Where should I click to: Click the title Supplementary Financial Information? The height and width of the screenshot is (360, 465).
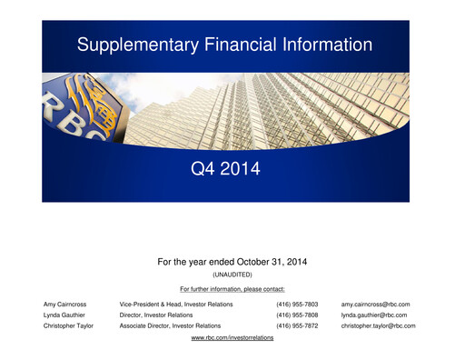pos(224,45)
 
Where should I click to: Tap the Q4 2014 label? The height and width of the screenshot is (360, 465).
pos(224,169)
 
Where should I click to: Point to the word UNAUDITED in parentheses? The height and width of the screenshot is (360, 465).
pos(232,275)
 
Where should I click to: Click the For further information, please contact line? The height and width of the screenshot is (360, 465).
pos(232,289)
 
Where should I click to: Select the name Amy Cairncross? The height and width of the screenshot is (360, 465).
pos(65,304)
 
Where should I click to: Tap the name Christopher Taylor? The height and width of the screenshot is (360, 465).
pos(68,325)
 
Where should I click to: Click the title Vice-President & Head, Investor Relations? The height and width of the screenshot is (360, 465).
pos(175,304)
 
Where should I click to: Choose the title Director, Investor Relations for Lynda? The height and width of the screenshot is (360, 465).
pos(155,315)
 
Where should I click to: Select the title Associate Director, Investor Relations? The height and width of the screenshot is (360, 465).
pos(170,325)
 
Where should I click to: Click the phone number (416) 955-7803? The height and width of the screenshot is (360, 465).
pos(297,304)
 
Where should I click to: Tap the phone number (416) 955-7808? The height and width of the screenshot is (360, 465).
pos(297,315)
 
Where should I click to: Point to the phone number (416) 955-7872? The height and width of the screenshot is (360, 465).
pos(297,325)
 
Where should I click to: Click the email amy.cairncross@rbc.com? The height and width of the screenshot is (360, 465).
pos(376,304)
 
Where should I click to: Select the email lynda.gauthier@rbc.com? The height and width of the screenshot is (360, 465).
pos(374,315)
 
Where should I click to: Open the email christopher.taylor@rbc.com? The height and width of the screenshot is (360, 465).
pos(379,325)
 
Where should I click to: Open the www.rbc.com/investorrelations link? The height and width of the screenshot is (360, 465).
pos(232,337)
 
